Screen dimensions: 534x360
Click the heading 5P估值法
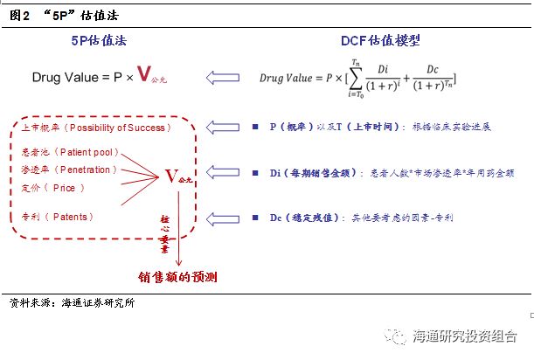pyautogui.click(x=99, y=40)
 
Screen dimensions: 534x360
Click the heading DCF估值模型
pyautogui.click(x=380, y=40)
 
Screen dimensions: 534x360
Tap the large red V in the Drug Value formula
pyautogui.click(x=144, y=73)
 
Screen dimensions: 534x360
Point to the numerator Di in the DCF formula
pyautogui.click(x=383, y=69)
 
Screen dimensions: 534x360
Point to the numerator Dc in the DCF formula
pyautogui.click(x=433, y=69)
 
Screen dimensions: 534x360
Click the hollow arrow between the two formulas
pyautogui.click(x=223, y=78)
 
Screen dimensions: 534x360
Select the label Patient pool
pyautogui.click(x=87, y=152)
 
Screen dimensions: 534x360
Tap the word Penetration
pyautogui.click(x=85, y=170)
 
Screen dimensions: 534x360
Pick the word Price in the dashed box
pyautogui.click(x=64, y=188)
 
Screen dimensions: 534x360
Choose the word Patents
pyautogui.click(x=70, y=217)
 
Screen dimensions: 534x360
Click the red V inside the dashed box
pyautogui.click(x=171, y=177)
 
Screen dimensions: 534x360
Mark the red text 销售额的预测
pyautogui.click(x=177, y=277)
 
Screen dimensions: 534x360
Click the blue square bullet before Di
pyautogui.click(x=255, y=173)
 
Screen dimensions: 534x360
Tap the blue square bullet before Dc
pyautogui.click(x=255, y=218)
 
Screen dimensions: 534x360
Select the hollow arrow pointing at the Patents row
pyautogui.click(x=223, y=218)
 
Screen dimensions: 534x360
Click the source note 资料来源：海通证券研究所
pyautogui.click(x=73, y=302)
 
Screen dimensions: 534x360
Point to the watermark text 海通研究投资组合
pyautogui.click(x=465, y=336)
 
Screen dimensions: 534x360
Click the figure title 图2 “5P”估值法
pyautogui.click(x=64, y=16)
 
